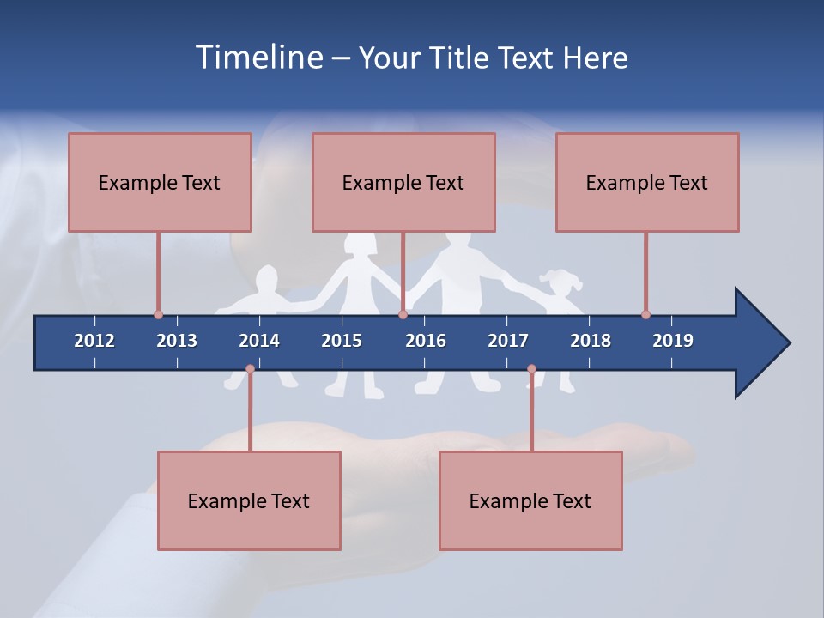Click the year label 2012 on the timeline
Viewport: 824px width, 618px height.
[94, 341]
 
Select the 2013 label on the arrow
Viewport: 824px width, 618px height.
[177, 341]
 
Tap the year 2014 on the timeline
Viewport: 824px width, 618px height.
[259, 341]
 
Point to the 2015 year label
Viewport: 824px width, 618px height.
[342, 341]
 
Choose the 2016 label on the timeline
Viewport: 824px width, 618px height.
[426, 341]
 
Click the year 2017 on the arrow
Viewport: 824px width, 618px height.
[508, 341]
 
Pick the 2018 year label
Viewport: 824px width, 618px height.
[591, 341]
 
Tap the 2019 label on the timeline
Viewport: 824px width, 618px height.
[673, 341]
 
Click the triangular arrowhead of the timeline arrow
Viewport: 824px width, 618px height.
[760, 343]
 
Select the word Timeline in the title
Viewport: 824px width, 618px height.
[257, 58]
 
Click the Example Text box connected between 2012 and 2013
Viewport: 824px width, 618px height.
[160, 182]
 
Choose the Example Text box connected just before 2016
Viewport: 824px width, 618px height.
[403, 182]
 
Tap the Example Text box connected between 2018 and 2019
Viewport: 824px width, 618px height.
[647, 182]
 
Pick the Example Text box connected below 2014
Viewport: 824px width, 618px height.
[249, 500]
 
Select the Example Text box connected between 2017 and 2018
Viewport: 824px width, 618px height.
[530, 500]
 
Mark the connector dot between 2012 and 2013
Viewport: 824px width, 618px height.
[158, 314]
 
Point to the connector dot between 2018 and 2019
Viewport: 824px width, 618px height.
[645, 314]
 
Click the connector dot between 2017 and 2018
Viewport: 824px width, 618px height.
[531, 369]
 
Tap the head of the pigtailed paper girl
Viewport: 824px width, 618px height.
[560, 282]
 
